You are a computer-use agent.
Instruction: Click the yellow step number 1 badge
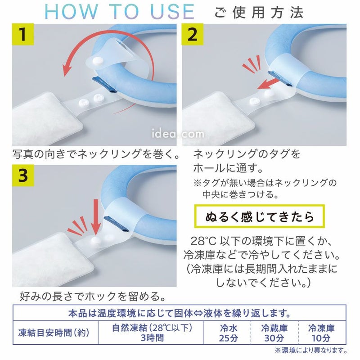23,35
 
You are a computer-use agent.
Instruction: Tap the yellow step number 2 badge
193,35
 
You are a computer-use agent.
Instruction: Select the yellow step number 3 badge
23,175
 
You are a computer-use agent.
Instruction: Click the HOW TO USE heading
119,12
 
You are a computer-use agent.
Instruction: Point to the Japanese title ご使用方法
259,12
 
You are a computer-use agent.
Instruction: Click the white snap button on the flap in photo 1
98,61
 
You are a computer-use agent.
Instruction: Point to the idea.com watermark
178,134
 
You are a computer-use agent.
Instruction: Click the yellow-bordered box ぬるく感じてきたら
260,216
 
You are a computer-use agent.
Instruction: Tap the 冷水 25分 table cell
229,333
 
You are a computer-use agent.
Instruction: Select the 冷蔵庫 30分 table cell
274,333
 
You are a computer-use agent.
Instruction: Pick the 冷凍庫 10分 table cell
321,333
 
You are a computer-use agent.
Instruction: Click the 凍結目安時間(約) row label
54,333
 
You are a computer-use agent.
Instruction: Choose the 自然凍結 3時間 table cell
152,333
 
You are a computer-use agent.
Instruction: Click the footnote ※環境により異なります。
311,351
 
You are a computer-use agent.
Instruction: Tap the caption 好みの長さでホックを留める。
93,296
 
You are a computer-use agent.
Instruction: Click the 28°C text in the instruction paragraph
203,241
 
